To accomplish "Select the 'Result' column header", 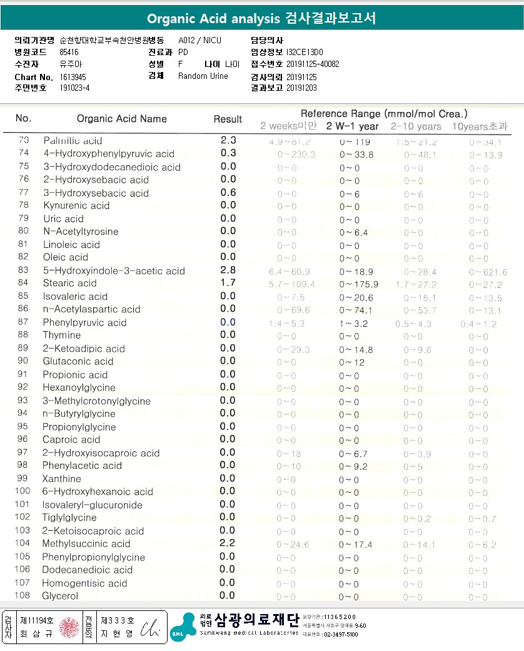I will coord(228,119).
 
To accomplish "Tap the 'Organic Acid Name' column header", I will coord(122,119).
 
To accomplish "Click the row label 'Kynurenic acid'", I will coord(76,205).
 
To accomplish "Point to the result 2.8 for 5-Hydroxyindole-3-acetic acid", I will coord(228,270).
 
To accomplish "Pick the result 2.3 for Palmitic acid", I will coord(228,140).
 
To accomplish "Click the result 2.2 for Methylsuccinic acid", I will coord(228,543).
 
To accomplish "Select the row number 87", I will coord(23,322).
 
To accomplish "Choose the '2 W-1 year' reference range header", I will coord(353,126).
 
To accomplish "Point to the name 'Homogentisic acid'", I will coord(84,583).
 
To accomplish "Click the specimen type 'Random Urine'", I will coord(203,76).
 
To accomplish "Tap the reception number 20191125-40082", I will coord(313,64).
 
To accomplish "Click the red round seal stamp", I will coord(69,627).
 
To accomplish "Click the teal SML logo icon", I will coord(182,627).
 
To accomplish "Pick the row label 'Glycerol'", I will coord(60,596).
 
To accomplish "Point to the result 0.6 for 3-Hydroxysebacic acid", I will coord(228,193).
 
